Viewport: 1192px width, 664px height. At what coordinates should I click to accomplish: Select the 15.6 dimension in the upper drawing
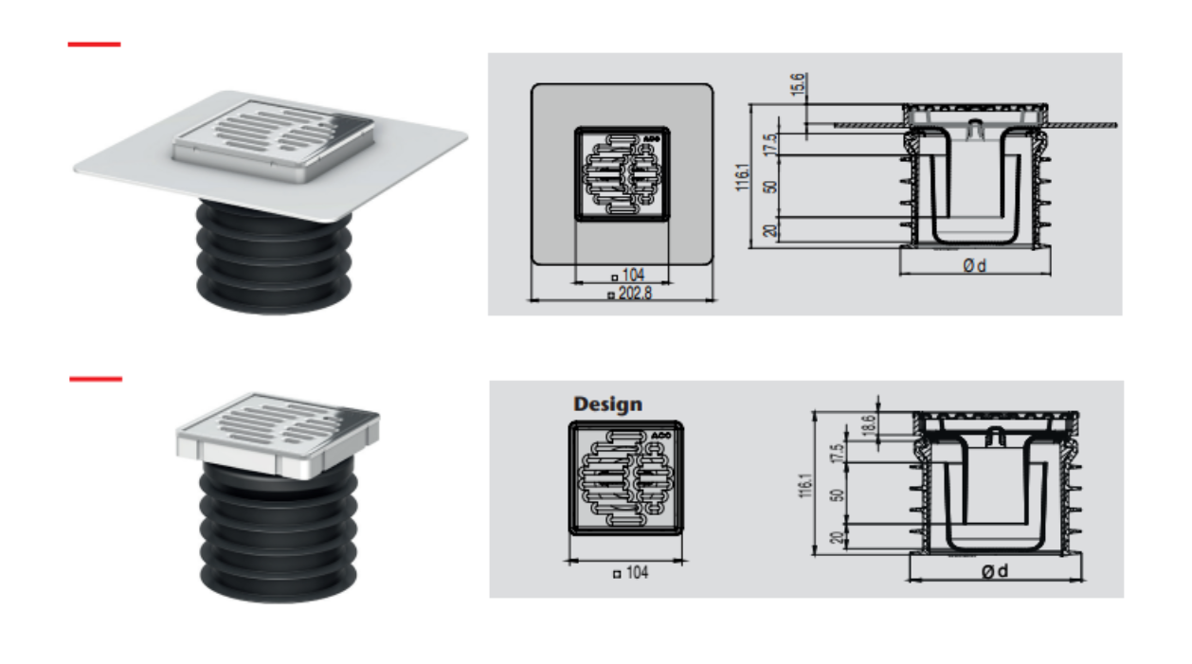click(x=797, y=85)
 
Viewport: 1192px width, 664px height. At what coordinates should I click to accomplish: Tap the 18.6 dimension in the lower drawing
click(x=867, y=425)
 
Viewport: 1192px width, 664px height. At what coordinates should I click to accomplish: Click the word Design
click(x=607, y=404)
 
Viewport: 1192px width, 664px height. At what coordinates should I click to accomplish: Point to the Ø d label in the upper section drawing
click(x=974, y=265)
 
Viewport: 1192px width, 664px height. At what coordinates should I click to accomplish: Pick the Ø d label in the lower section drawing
click(x=994, y=571)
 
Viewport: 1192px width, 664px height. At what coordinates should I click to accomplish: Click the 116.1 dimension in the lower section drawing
click(x=805, y=485)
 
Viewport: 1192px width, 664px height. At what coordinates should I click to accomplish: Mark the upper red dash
click(x=94, y=45)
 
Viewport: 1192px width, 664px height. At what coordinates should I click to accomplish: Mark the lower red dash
click(x=96, y=379)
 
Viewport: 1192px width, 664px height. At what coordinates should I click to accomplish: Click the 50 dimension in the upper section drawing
click(x=770, y=188)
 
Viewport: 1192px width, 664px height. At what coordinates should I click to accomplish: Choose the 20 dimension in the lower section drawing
click(x=837, y=537)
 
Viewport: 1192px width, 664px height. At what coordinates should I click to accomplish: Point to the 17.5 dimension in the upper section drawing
click(x=770, y=145)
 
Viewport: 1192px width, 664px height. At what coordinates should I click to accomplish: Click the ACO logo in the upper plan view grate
click(x=651, y=139)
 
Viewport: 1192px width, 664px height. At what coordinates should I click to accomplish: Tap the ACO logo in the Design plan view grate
click(x=661, y=436)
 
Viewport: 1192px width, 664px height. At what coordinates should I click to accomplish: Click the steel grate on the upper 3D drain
click(x=274, y=139)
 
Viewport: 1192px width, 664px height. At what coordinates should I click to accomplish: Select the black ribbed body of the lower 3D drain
click(x=279, y=532)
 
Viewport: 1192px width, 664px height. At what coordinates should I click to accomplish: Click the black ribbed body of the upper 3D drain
click(x=274, y=258)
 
